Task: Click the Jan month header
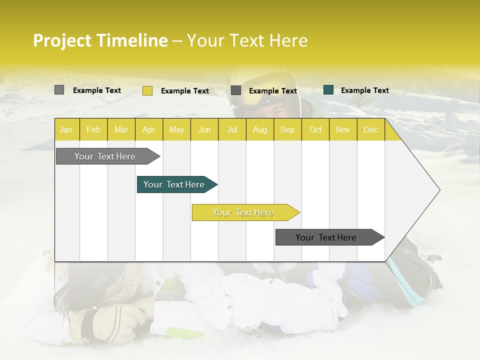(66, 130)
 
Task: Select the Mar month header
(121, 130)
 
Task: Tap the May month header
(176, 130)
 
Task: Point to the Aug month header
(259, 130)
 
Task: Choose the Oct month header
(315, 130)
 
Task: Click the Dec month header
(370, 130)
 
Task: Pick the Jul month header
(232, 130)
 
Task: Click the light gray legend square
(59, 90)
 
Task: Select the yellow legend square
(147, 90)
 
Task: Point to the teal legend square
(328, 90)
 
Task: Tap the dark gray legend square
(236, 90)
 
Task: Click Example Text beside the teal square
(364, 90)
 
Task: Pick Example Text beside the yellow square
(185, 91)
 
